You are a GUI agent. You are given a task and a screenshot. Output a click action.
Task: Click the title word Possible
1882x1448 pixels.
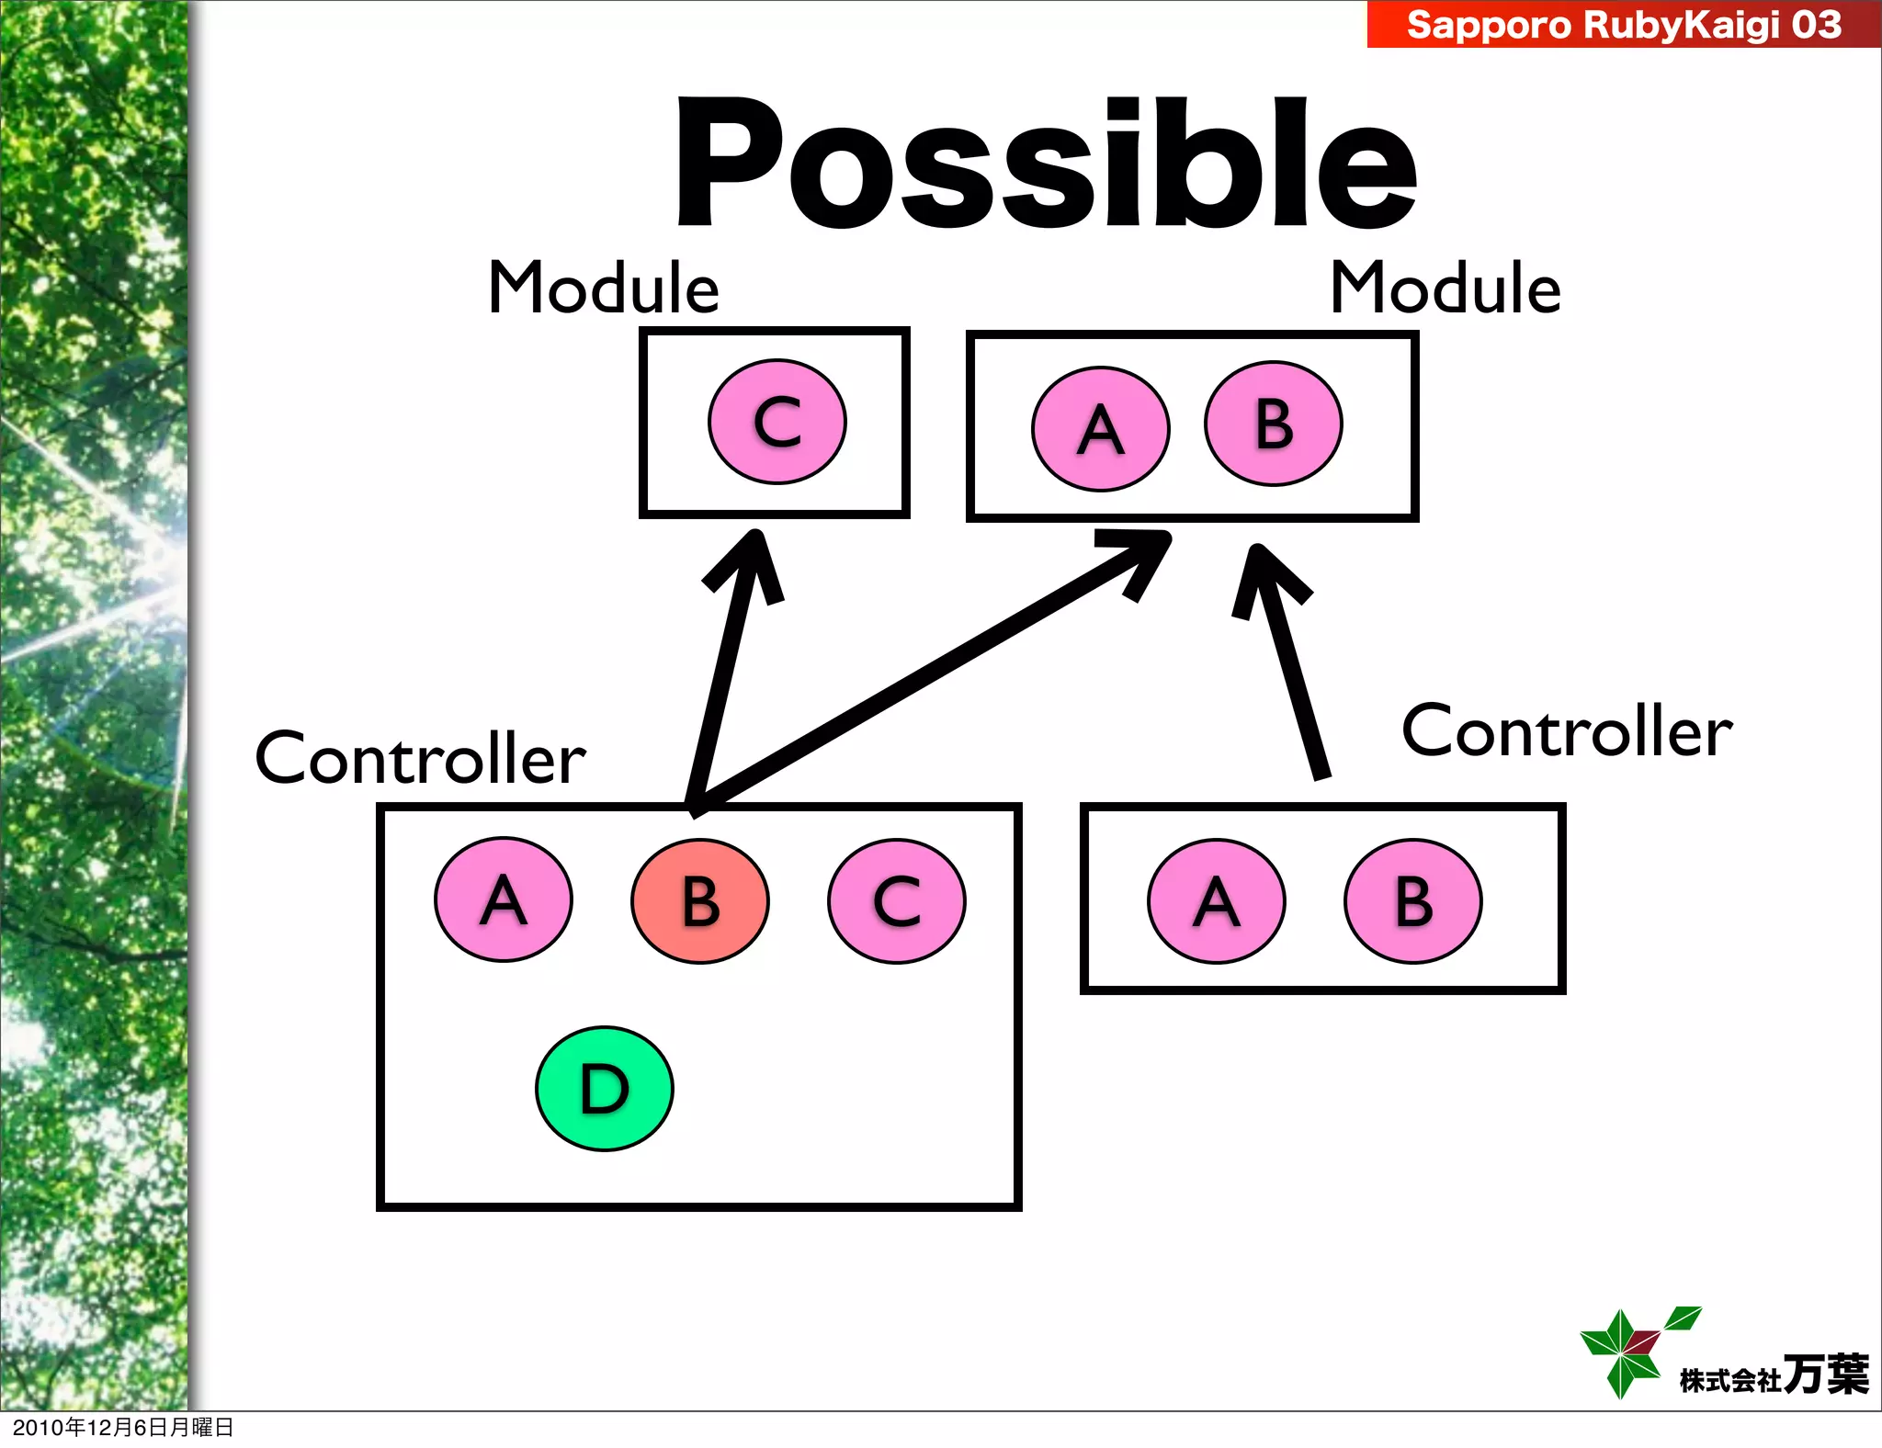pyautogui.click(x=1046, y=164)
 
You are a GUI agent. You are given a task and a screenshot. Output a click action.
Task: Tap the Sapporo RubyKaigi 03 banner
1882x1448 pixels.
pyautogui.click(x=1623, y=24)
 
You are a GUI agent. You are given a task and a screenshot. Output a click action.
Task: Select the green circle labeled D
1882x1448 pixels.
pyautogui.click(x=605, y=1089)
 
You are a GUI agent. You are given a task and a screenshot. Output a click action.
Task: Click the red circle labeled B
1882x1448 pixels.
pyautogui.click(x=700, y=901)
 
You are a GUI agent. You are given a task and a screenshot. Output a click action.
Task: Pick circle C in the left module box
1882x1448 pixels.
pyautogui.click(x=777, y=422)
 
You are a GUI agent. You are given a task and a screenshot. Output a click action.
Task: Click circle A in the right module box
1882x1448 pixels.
pyautogui.click(x=1101, y=429)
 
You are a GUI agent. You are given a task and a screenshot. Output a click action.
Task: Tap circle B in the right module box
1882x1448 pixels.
pyautogui.click(x=1274, y=424)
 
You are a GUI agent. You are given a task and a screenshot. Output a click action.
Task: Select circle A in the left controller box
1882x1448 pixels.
pyautogui.click(x=504, y=899)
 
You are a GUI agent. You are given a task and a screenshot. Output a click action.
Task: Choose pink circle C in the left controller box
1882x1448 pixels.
pyautogui.click(x=897, y=901)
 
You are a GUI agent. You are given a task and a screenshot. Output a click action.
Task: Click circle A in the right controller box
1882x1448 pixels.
pyautogui.click(x=1217, y=901)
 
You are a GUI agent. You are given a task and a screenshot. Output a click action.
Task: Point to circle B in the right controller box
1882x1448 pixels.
pyautogui.click(x=1413, y=901)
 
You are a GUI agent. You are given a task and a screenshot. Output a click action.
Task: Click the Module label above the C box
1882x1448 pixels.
pyautogui.click(x=603, y=288)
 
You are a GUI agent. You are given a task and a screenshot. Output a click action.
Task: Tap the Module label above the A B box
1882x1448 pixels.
pyautogui.click(x=1445, y=288)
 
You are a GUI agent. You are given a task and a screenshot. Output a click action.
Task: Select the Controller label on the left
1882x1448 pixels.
pyautogui.click(x=420, y=759)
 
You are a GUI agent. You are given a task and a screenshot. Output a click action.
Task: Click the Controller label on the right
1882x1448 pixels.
pyautogui.click(x=1567, y=731)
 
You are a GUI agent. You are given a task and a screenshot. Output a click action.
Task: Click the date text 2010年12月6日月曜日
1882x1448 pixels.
pyautogui.click(x=123, y=1427)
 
